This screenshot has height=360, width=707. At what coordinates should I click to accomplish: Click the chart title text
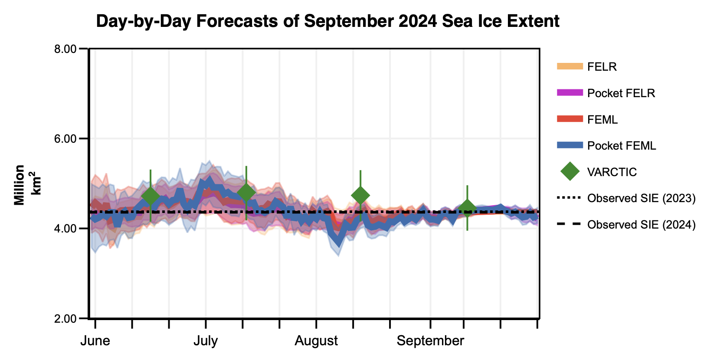coord(327,21)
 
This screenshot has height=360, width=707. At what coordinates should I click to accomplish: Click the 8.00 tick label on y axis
coord(65,49)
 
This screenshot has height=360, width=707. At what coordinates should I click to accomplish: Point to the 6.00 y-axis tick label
coord(65,139)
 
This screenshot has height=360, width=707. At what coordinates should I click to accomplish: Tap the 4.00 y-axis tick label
coord(65,229)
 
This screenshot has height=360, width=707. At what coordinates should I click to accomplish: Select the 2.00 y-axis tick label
coord(65,318)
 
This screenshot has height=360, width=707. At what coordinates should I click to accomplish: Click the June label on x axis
coord(95,341)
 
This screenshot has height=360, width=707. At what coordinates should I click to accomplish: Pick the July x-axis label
coord(206,341)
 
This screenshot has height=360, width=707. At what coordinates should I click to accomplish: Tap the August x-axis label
coord(316,341)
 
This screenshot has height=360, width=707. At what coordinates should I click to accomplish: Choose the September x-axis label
coord(430,341)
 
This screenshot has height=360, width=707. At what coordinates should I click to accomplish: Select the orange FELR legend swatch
coord(570,66)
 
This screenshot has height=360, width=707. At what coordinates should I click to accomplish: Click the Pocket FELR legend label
coord(621,93)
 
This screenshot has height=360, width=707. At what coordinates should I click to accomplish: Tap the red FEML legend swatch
coord(570,119)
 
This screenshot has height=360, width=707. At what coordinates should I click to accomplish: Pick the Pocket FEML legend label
coord(622,146)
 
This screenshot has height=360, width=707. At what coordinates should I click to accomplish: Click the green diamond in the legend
coord(570,172)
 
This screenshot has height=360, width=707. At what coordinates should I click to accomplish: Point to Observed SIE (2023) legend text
coord(641,198)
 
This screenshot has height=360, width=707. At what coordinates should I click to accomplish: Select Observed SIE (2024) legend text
coord(641,225)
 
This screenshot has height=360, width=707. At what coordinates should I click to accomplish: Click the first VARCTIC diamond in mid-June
coord(151,196)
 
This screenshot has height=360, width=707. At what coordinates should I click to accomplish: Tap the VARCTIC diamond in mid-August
coord(360,196)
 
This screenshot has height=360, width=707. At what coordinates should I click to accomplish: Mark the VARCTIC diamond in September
coord(467,208)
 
